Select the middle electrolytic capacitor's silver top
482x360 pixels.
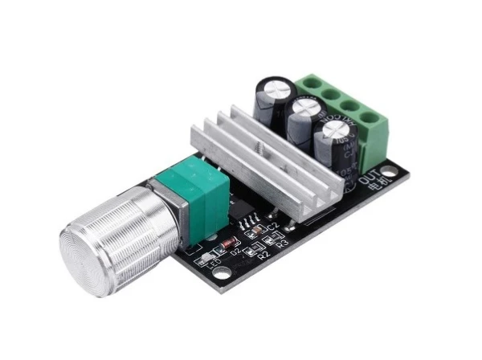(x=306, y=106)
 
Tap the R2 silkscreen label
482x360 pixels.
(x=263, y=256)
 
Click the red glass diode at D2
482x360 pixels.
(x=228, y=242)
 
